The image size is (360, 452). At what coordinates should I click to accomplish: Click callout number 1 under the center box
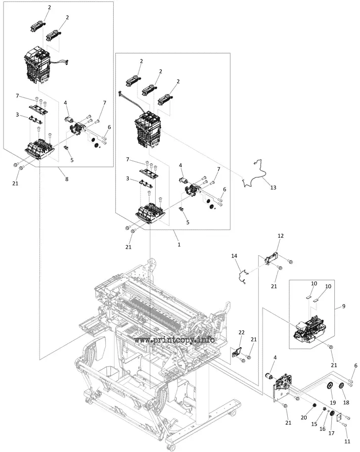pyautogui.click(x=179, y=244)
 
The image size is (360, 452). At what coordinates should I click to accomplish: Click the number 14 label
pyautogui.click(x=234, y=256)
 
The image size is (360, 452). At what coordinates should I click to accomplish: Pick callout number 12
pyautogui.click(x=280, y=236)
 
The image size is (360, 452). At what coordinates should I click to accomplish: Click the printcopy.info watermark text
pyautogui.click(x=174, y=340)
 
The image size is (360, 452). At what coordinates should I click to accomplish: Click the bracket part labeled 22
pyautogui.click(x=236, y=354)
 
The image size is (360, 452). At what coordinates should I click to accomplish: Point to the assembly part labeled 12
pyautogui.click(x=271, y=258)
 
